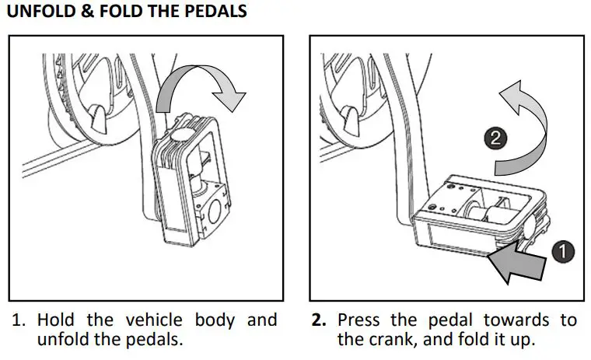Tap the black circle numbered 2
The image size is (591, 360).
coord(498,139)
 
